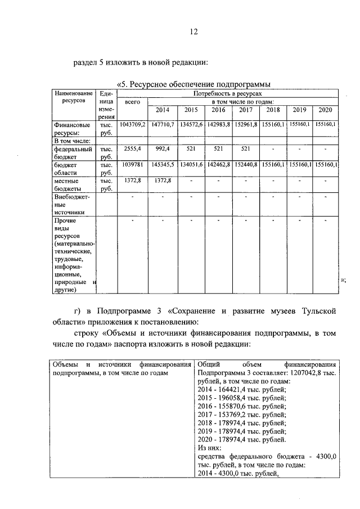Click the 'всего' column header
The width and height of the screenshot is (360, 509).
[x=132, y=103]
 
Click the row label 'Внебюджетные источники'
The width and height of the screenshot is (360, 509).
[x=70, y=205]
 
